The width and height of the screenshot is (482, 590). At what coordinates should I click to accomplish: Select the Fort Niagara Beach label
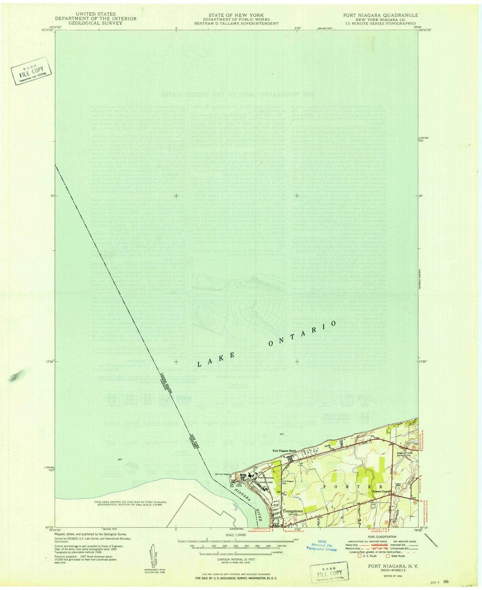coord(285,451)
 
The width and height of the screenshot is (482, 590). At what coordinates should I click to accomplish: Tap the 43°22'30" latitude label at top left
coord(46,30)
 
